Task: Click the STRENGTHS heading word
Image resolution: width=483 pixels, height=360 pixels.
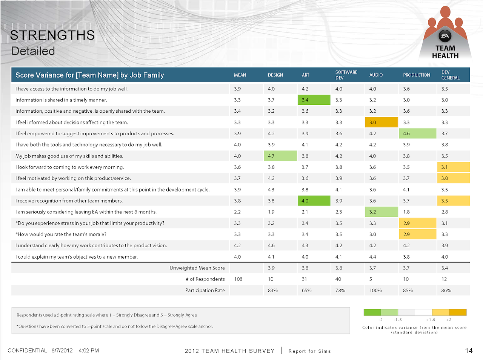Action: [x=52, y=35]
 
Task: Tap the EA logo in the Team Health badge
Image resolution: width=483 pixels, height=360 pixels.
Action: [x=445, y=36]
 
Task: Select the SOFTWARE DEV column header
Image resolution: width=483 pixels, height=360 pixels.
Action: [x=346, y=75]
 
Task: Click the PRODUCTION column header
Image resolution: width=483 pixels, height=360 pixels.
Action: [x=417, y=75]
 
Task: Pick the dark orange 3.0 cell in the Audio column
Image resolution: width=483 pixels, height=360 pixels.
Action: [x=381, y=123]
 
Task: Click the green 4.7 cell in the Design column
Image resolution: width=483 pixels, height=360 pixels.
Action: [x=280, y=156]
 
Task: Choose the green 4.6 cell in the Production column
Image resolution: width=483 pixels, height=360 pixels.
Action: [x=417, y=133]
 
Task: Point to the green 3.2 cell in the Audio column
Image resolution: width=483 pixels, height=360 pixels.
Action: [x=381, y=212]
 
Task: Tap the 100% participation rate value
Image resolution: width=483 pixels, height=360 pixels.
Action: [x=375, y=290]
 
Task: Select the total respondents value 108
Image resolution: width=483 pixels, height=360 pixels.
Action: [x=238, y=279]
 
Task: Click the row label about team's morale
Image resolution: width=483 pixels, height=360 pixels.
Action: [x=61, y=234]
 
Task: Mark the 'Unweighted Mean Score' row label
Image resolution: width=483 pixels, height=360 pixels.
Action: [x=197, y=268]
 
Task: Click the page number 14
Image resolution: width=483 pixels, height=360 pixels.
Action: [x=469, y=351]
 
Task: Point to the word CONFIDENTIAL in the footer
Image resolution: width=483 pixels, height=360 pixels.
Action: [x=27, y=351]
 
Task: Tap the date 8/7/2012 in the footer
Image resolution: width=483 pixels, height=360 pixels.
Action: [x=62, y=351]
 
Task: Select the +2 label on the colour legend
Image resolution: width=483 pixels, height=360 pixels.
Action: [x=449, y=320]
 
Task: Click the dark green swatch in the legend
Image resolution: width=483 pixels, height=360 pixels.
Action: [x=372, y=312]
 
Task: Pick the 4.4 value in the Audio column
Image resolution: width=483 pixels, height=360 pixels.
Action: [x=372, y=257]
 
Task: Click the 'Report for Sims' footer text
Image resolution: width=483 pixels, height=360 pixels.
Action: [x=309, y=351]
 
